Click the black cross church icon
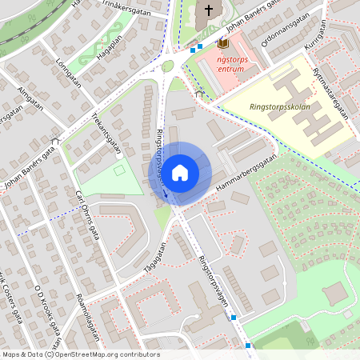click(x=210, y=10)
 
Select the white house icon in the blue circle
click(x=180, y=172)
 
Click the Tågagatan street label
click(x=154, y=260)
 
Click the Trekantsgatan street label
click(x=106, y=134)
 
